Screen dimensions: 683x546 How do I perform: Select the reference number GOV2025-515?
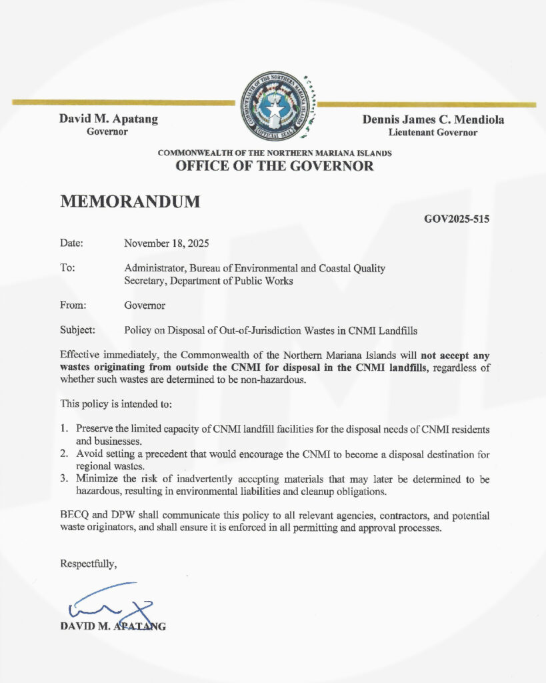(457, 217)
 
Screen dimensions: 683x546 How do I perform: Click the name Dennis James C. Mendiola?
(433, 120)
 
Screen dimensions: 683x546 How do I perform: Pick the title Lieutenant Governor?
(433, 133)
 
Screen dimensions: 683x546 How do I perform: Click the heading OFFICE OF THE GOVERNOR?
(274, 166)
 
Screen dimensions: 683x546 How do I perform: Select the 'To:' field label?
(67, 268)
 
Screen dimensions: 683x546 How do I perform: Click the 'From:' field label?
(73, 305)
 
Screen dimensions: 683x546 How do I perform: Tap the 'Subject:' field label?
(77, 329)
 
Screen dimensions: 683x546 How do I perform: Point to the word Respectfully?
(89, 564)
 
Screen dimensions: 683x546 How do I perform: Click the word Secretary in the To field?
(145, 281)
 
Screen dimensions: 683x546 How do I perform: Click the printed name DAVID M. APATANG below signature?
(113, 626)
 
